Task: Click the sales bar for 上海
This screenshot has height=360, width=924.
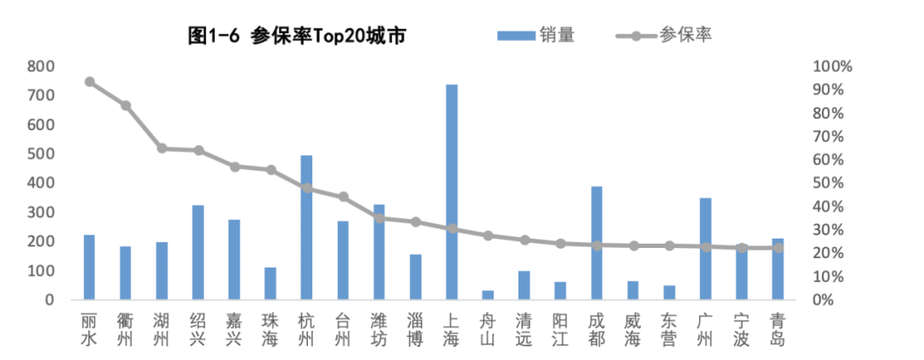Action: [452, 192]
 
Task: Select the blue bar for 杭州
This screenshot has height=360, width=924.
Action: [306, 227]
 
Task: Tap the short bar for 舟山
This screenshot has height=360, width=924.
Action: [488, 295]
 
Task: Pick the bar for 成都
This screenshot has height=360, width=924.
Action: [596, 243]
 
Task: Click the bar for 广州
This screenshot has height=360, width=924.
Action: [706, 249]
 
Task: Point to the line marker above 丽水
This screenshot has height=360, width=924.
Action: [89, 82]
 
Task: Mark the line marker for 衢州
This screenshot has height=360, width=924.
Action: [126, 105]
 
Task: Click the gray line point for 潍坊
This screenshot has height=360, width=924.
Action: [379, 218]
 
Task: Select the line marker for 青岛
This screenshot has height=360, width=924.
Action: [778, 248]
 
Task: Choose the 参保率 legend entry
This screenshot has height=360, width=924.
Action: [665, 35]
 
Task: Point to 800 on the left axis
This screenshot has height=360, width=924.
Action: [41, 66]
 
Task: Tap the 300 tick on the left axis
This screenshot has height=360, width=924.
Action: [41, 212]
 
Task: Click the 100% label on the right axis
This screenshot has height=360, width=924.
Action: [832, 67]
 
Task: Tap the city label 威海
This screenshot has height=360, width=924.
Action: [633, 330]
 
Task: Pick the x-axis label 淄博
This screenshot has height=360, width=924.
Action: [416, 330]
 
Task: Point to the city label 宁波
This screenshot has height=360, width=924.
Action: [742, 330]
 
